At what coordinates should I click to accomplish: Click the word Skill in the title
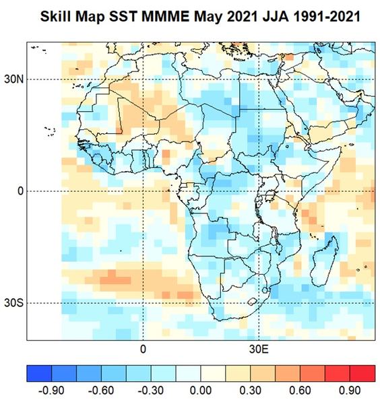coord(56,16)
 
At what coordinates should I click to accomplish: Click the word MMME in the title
coord(165,16)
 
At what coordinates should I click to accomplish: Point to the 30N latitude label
coord(13,79)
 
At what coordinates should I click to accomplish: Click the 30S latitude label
coord(13,303)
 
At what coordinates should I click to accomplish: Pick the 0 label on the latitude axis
coord(20,191)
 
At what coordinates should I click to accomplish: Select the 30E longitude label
coord(259,349)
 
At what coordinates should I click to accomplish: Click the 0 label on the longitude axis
coord(143,349)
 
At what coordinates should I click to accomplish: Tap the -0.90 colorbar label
coord(51,391)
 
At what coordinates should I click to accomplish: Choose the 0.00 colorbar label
coord(201,391)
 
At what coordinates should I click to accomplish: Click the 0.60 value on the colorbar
coord(300,391)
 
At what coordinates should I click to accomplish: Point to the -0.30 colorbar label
coord(151,391)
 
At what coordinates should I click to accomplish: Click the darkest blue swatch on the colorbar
coord(39,373)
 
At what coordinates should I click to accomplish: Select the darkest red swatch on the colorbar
coord(362,373)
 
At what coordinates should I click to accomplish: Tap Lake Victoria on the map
coord(270,195)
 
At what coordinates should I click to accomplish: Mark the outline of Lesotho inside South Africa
coord(252,302)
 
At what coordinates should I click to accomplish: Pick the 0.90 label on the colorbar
coord(350,391)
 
